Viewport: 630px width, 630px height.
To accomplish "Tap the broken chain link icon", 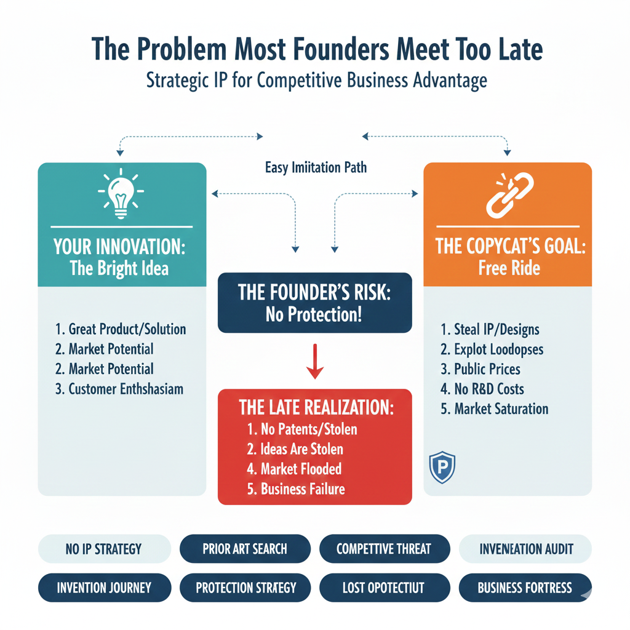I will [508, 194].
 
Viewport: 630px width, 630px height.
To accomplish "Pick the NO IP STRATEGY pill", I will [103, 549].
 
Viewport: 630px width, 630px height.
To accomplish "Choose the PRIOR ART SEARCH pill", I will [245, 549].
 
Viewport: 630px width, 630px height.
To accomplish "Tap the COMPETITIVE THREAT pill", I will [384, 549].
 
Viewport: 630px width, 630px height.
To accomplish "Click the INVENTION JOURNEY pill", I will [104, 588].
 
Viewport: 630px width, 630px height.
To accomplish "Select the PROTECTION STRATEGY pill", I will [245, 588].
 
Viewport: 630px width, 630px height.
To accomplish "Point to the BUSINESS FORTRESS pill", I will [525, 588].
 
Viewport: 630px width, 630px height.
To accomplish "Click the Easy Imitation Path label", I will [316, 167].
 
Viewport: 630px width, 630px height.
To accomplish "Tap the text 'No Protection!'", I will [314, 315].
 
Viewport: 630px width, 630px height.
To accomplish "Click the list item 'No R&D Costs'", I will [482, 389].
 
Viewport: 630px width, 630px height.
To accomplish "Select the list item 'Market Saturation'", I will [494, 409].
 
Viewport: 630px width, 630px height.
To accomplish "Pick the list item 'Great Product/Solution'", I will [121, 329].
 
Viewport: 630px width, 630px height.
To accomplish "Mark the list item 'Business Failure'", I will [296, 489].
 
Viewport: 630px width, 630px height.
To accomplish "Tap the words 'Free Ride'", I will [508, 268].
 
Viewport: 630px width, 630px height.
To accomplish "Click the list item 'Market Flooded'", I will [294, 469].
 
